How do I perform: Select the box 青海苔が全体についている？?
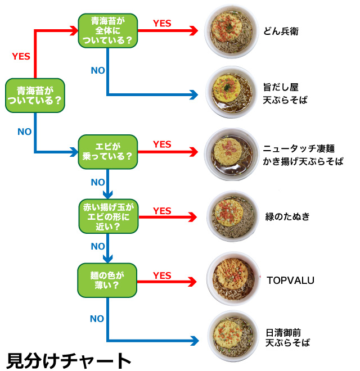point(107,31)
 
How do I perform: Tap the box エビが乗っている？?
point(107,152)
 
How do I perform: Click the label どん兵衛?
point(281,31)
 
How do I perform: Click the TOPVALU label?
point(290,279)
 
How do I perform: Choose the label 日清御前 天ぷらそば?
point(287,337)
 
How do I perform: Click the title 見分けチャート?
point(69,359)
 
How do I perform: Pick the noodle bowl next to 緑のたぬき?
point(231,216)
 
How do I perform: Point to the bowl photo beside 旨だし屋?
point(229,93)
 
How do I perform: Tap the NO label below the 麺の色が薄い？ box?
point(97,319)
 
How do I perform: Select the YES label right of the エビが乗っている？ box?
point(162,145)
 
